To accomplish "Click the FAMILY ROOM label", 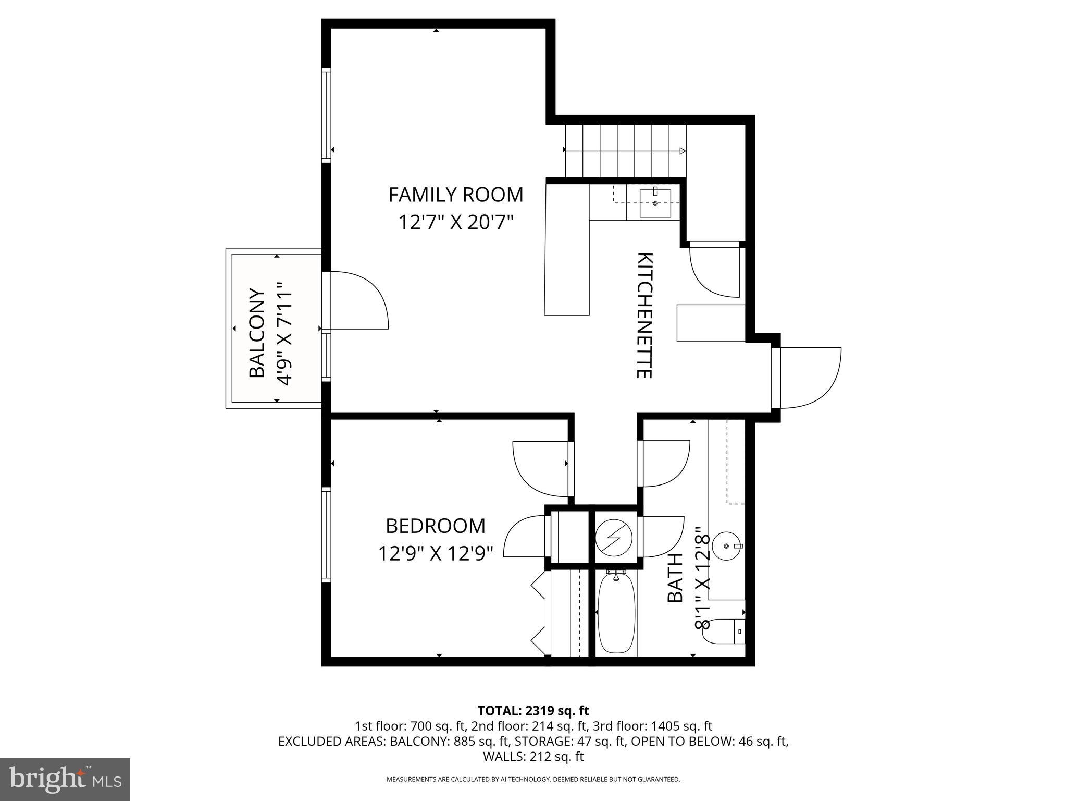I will [x=455, y=195].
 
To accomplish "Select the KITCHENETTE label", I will [x=644, y=315].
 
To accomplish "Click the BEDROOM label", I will [x=436, y=526].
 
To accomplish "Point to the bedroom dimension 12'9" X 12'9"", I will [x=436, y=553].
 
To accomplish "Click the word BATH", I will [x=675, y=578].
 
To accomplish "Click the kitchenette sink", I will [x=655, y=203].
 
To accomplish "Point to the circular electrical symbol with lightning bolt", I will [x=613, y=536].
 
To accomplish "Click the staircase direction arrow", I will [x=625, y=151].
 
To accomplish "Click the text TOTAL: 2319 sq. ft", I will [x=533, y=710].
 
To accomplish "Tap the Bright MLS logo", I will [x=65, y=779].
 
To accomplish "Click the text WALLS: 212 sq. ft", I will [x=533, y=756].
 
